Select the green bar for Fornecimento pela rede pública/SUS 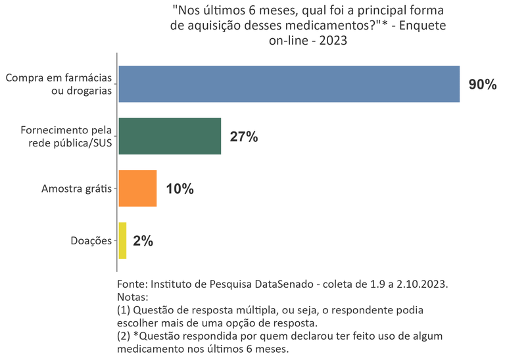coord(169,136)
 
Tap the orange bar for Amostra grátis coord(137,189)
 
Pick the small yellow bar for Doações coord(122,240)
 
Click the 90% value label coord(482,85)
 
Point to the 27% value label coord(243,137)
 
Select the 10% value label coord(180,189)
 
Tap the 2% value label coord(143,241)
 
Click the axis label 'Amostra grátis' coord(76,189)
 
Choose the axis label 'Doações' coord(91,241)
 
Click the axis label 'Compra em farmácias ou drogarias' coord(58,84)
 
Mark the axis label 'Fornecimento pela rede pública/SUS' coord(66,137)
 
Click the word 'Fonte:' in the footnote coord(132,284)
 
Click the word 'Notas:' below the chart coord(133,297)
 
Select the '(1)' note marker coord(124,310)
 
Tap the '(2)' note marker coord(124,336)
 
